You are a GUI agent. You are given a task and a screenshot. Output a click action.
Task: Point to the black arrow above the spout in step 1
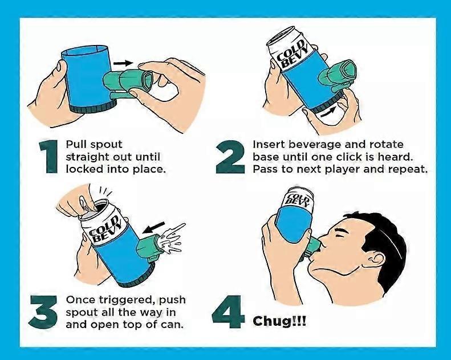[121, 63]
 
